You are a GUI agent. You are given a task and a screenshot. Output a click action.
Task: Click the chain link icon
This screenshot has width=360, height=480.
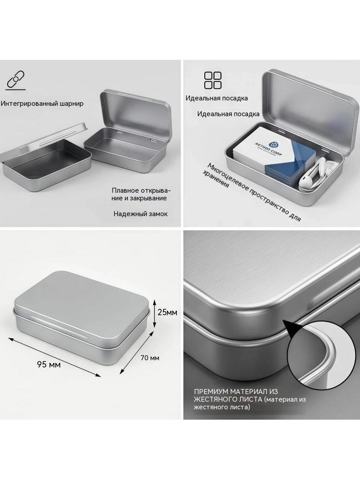tap(16, 81)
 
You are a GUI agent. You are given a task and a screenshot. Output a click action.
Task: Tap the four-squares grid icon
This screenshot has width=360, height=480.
tap(212, 80)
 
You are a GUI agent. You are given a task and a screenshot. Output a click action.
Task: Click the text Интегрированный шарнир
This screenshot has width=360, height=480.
tap(42, 104)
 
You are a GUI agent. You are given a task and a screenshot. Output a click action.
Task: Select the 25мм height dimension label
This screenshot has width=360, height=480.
tap(167, 312)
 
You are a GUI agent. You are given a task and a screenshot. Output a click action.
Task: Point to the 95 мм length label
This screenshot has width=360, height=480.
tap(49, 365)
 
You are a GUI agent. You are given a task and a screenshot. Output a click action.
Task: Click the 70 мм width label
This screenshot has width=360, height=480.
tap(150, 358)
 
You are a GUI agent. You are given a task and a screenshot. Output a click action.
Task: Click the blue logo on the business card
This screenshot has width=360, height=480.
tap(273, 145)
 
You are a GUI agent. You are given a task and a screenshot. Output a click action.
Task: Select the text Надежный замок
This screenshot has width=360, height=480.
tap(141, 214)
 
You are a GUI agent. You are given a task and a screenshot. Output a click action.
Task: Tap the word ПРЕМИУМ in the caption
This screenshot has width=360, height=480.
tap(211, 392)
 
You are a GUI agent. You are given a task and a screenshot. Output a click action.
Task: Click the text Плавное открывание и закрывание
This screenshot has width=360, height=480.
tap(141, 194)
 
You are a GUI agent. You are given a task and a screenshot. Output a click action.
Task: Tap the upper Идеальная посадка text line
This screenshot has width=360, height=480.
tap(216, 98)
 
